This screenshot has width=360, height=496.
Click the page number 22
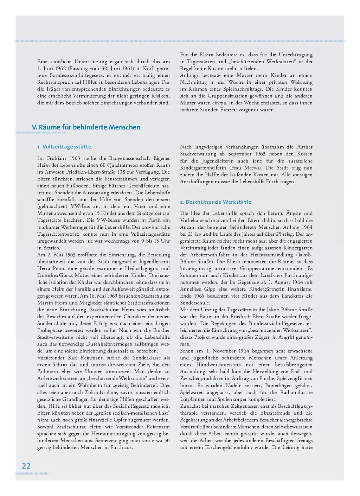tap(26, 466)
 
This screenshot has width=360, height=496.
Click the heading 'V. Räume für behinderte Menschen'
tap(86, 127)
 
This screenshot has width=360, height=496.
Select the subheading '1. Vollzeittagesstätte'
tap(64, 147)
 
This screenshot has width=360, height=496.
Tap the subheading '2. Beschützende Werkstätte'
tap(216, 202)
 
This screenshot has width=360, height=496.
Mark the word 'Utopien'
tap(88, 371)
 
